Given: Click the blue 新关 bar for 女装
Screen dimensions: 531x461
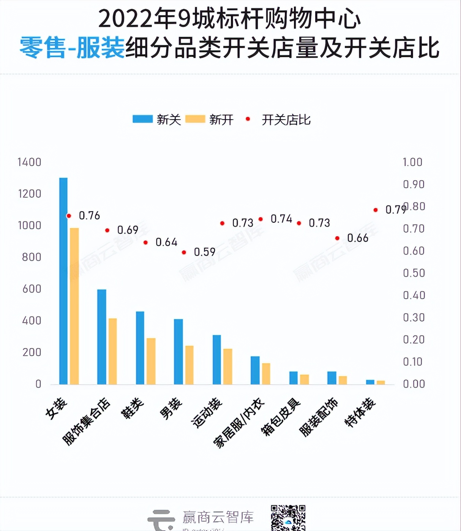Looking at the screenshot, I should click(x=63, y=281).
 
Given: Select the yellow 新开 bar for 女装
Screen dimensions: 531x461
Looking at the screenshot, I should click(x=74, y=306).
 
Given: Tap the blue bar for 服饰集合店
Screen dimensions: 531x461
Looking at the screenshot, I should click(x=102, y=337).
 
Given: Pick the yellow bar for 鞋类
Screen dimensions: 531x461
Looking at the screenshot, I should click(x=151, y=361).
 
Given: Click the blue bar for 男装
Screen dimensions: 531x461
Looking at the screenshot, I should click(x=178, y=352).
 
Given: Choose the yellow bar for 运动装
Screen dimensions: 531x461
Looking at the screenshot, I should click(x=227, y=367).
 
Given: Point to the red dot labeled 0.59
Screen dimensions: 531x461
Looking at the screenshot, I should click(x=184, y=253).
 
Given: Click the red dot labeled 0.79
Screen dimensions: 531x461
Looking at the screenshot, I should click(x=376, y=210).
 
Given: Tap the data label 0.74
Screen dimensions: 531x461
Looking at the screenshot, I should click(x=281, y=219).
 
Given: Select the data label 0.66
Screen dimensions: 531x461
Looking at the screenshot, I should click(x=358, y=238).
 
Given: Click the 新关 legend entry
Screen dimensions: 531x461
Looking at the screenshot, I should click(x=157, y=120).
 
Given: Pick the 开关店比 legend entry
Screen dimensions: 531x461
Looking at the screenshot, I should click(x=279, y=120).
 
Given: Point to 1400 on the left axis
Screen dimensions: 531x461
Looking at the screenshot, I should click(x=29, y=162).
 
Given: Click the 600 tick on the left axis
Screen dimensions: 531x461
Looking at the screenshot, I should click(x=32, y=289).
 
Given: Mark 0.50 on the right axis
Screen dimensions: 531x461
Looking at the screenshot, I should click(x=414, y=273).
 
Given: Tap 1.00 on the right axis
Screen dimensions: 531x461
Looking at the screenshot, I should click(x=412, y=162).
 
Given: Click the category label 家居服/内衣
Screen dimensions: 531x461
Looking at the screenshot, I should click(x=239, y=423).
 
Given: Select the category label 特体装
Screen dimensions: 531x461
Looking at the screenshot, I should click(x=360, y=412).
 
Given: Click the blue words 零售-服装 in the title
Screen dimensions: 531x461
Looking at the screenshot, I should click(x=72, y=48).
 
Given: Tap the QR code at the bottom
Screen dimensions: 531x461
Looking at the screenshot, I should click(x=288, y=518).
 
